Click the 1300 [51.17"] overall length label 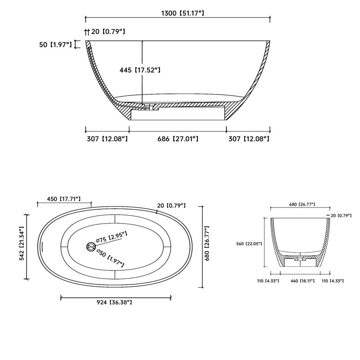coord(183,13)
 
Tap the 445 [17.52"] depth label coord(140,70)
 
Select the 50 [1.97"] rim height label coord(55,45)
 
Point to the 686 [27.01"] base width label coord(178,139)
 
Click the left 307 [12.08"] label coord(107,139)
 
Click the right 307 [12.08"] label coord(249,139)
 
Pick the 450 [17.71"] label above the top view coord(64,199)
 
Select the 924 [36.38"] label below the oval coord(114,302)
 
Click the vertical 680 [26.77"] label coord(207,243)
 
